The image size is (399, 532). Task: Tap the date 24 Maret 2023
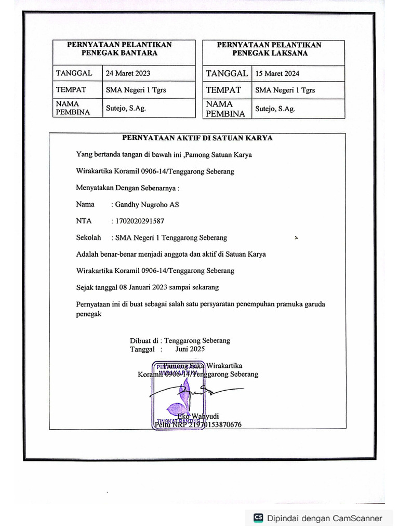[128, 74]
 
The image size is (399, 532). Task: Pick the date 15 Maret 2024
[277, 74]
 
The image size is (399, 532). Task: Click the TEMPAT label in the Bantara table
[71, 90]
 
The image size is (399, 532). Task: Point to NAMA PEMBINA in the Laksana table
[225, 109]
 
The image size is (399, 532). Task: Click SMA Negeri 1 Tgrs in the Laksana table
[285, 90]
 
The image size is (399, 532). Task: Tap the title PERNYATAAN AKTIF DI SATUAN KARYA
[197, 138]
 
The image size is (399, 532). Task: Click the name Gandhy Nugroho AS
[147, 205]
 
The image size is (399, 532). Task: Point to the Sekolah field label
[88, 238]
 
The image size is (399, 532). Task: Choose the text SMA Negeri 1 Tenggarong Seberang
[171, 238]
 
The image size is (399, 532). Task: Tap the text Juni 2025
[190, 349]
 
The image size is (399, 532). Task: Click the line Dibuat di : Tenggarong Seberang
[180, 341]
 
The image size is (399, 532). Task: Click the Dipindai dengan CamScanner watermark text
[325, 518]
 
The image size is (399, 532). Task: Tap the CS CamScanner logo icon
[258, 518]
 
